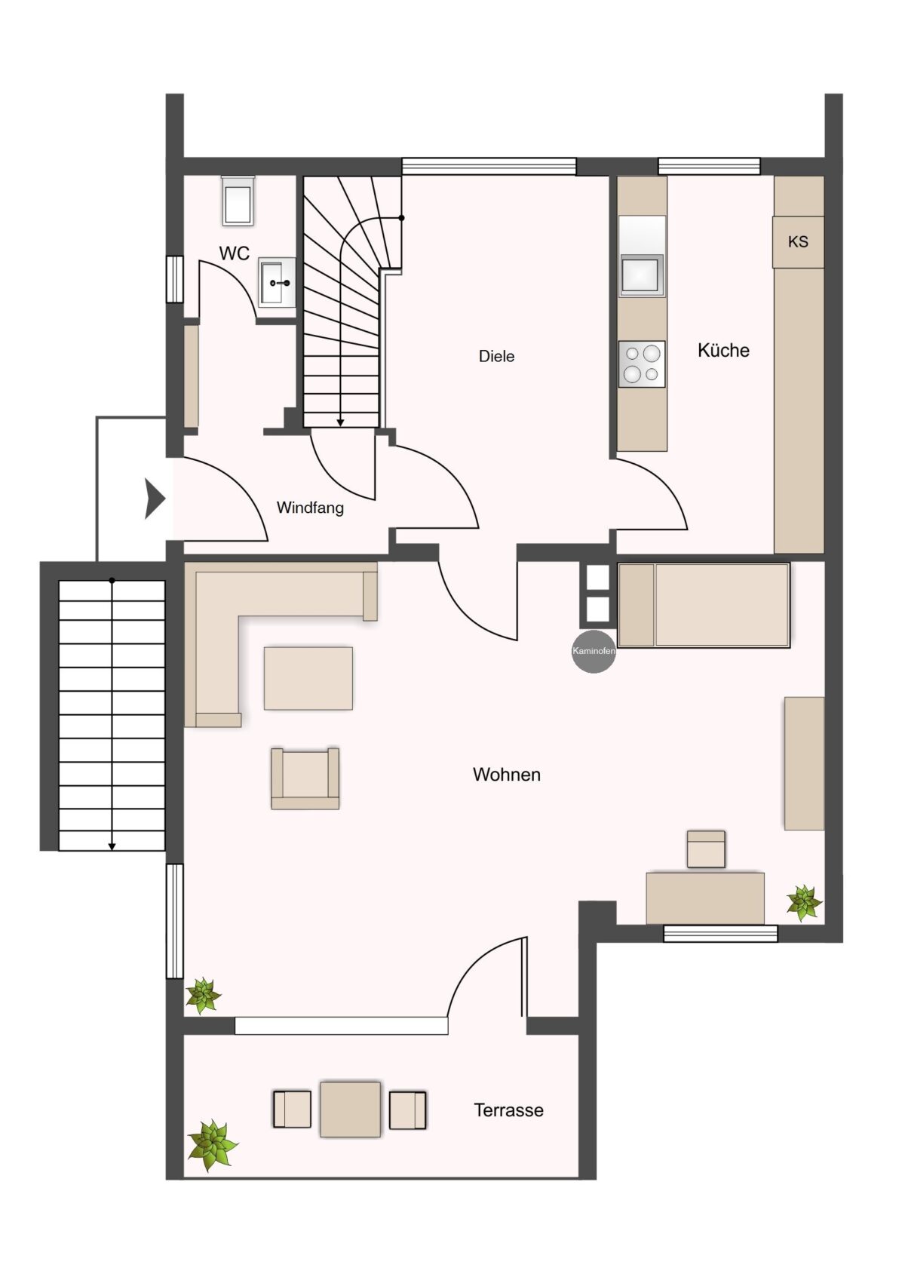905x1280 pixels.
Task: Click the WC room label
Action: coord(235,253)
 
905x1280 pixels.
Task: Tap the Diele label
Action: coord(496,357)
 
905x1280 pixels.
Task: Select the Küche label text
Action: coord(723,350)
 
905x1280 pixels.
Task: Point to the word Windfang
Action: coord(310,508)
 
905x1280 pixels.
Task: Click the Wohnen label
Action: coord(507,775)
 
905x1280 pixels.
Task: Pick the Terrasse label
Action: coord(508,1110)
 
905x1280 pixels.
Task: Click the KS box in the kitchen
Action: coord(798,241)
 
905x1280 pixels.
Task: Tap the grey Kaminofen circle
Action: coord(594,651)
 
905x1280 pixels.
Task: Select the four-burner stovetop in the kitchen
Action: coord(642,364)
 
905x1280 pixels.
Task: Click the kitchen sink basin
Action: coord(643,275)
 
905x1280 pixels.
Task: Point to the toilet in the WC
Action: coord(238,201)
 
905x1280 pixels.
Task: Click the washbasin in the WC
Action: coord(277,282)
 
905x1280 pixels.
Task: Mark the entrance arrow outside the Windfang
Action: coord(155,499)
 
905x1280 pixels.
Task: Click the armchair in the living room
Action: coord(305,778)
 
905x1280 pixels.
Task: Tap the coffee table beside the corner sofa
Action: coord(308,678)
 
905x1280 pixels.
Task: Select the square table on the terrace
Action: coord(350,1109)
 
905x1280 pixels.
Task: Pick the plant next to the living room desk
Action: coord(805,903)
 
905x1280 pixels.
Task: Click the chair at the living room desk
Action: coord(706,849)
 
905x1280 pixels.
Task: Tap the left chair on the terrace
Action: coord(292,1109)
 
